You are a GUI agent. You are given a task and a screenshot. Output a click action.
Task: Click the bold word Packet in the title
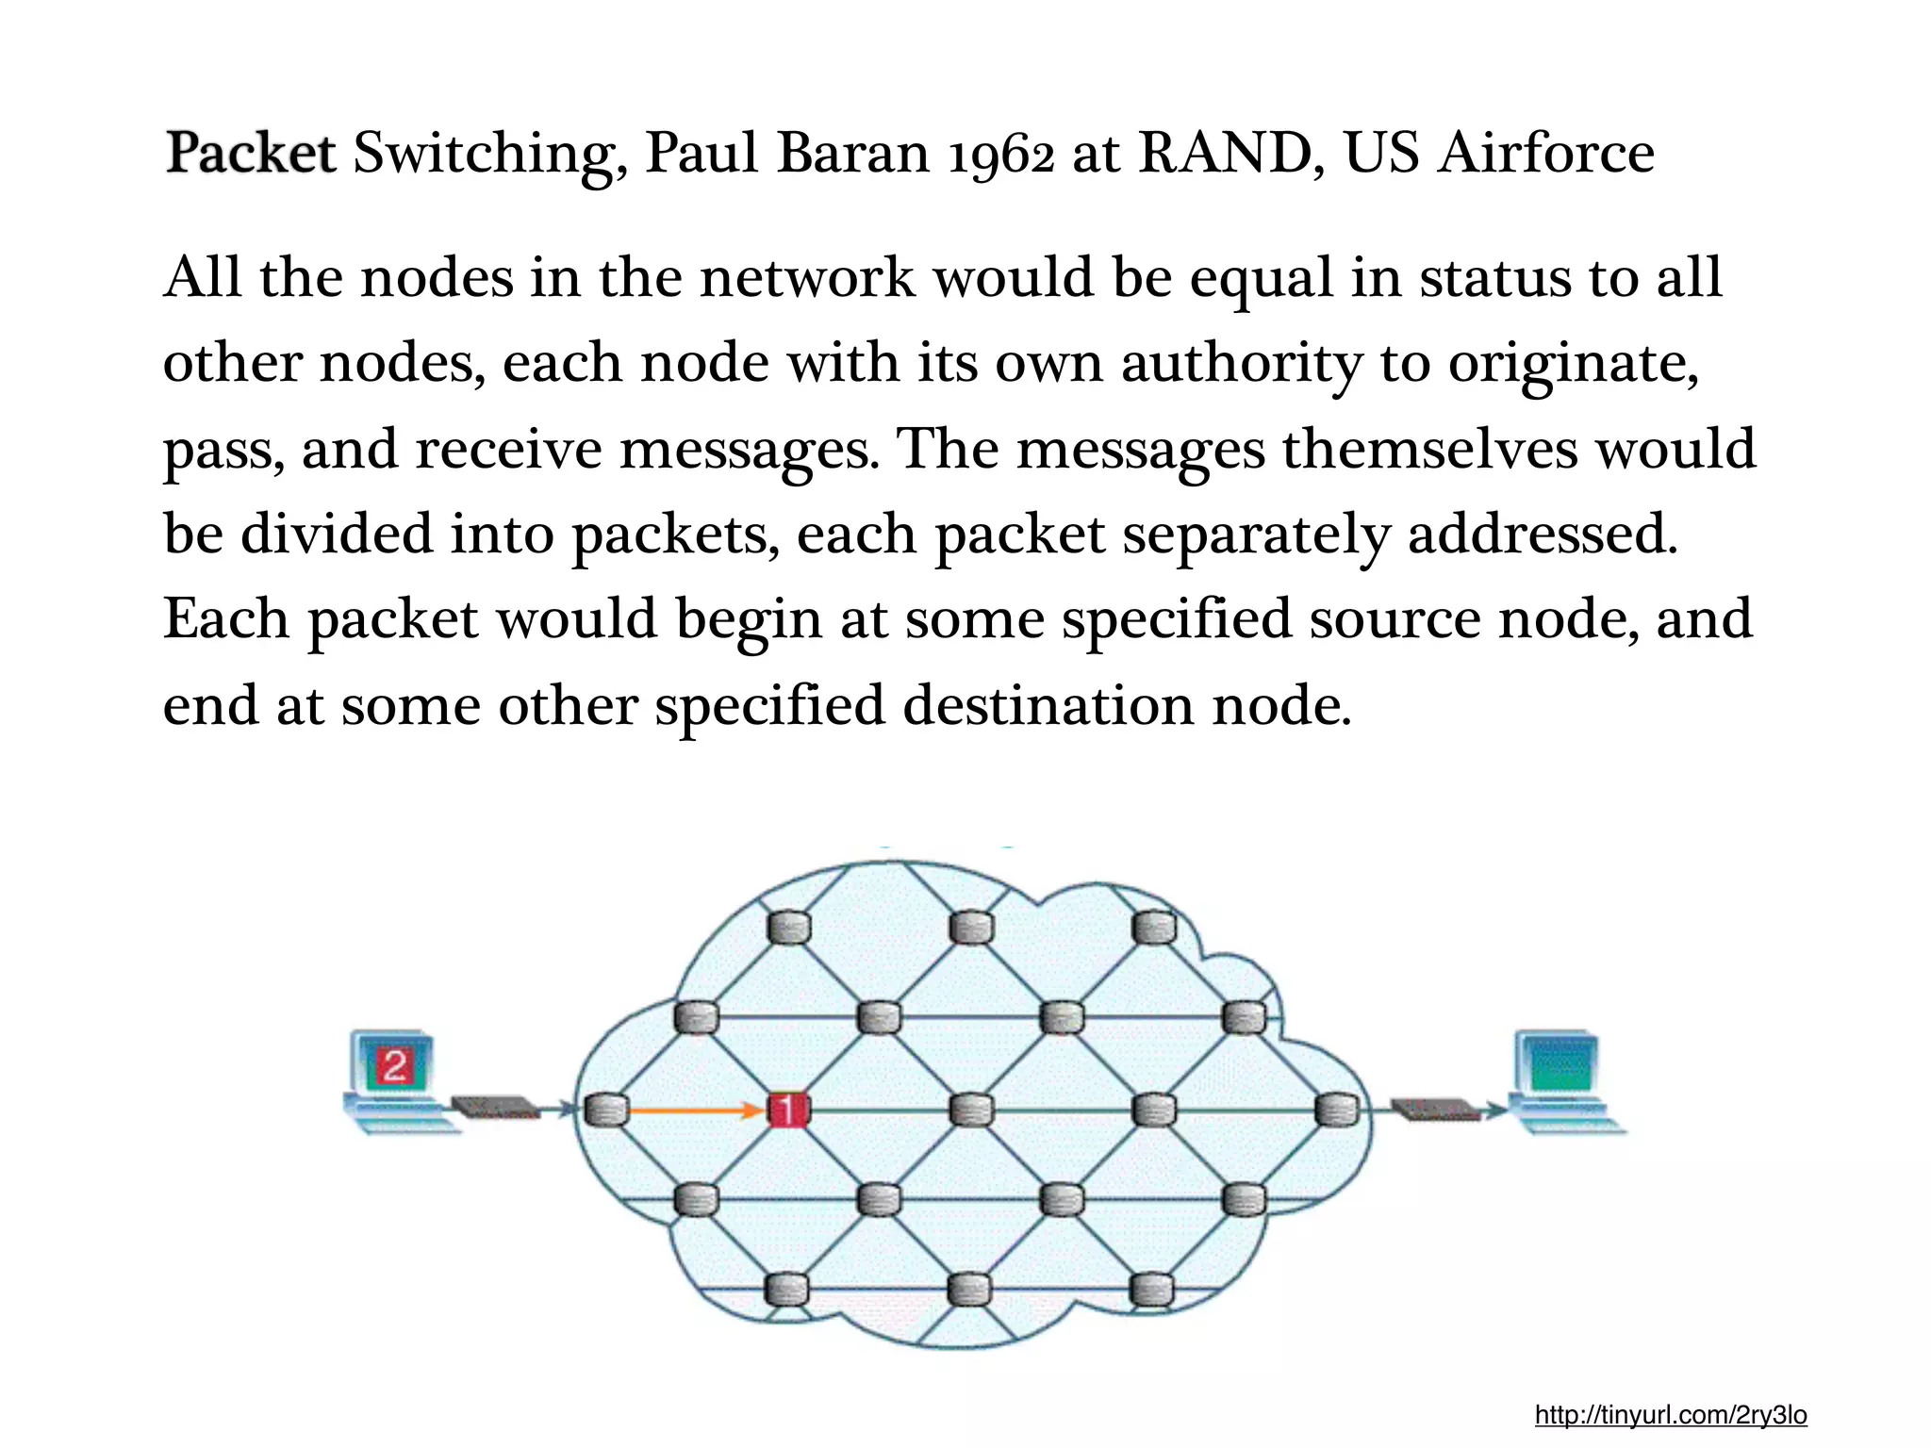click(x=250, y=153)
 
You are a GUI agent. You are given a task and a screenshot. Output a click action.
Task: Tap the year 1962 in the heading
click(x=1000, y=155)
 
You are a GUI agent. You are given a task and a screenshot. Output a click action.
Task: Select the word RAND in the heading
click(x=1223, y=153)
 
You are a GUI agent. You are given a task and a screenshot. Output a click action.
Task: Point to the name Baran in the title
click(x=852, y=153)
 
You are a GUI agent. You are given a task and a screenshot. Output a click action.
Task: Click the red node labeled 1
click(x=788, y=1111)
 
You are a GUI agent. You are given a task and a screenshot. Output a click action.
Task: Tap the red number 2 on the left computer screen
click(x=394, y=1066)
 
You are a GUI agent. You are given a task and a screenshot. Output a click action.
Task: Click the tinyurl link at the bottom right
click(x=1670, y=1414)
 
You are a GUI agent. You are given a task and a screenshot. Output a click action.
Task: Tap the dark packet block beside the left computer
click(x=494, y=1107)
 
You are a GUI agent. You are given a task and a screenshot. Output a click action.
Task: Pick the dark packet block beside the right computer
click(x=1435, y=1110)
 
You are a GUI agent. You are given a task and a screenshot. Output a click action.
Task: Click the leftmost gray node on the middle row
click(x=605, y=1111)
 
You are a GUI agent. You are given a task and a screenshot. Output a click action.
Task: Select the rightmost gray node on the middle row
click(x=1335, y=1111)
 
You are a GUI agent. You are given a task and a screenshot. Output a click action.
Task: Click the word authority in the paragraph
click(x=1241, y=364)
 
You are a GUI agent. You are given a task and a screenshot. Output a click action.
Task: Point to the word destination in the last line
click(x=1048, y=706)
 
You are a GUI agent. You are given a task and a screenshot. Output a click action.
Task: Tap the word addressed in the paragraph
click(x=1542, y=535)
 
